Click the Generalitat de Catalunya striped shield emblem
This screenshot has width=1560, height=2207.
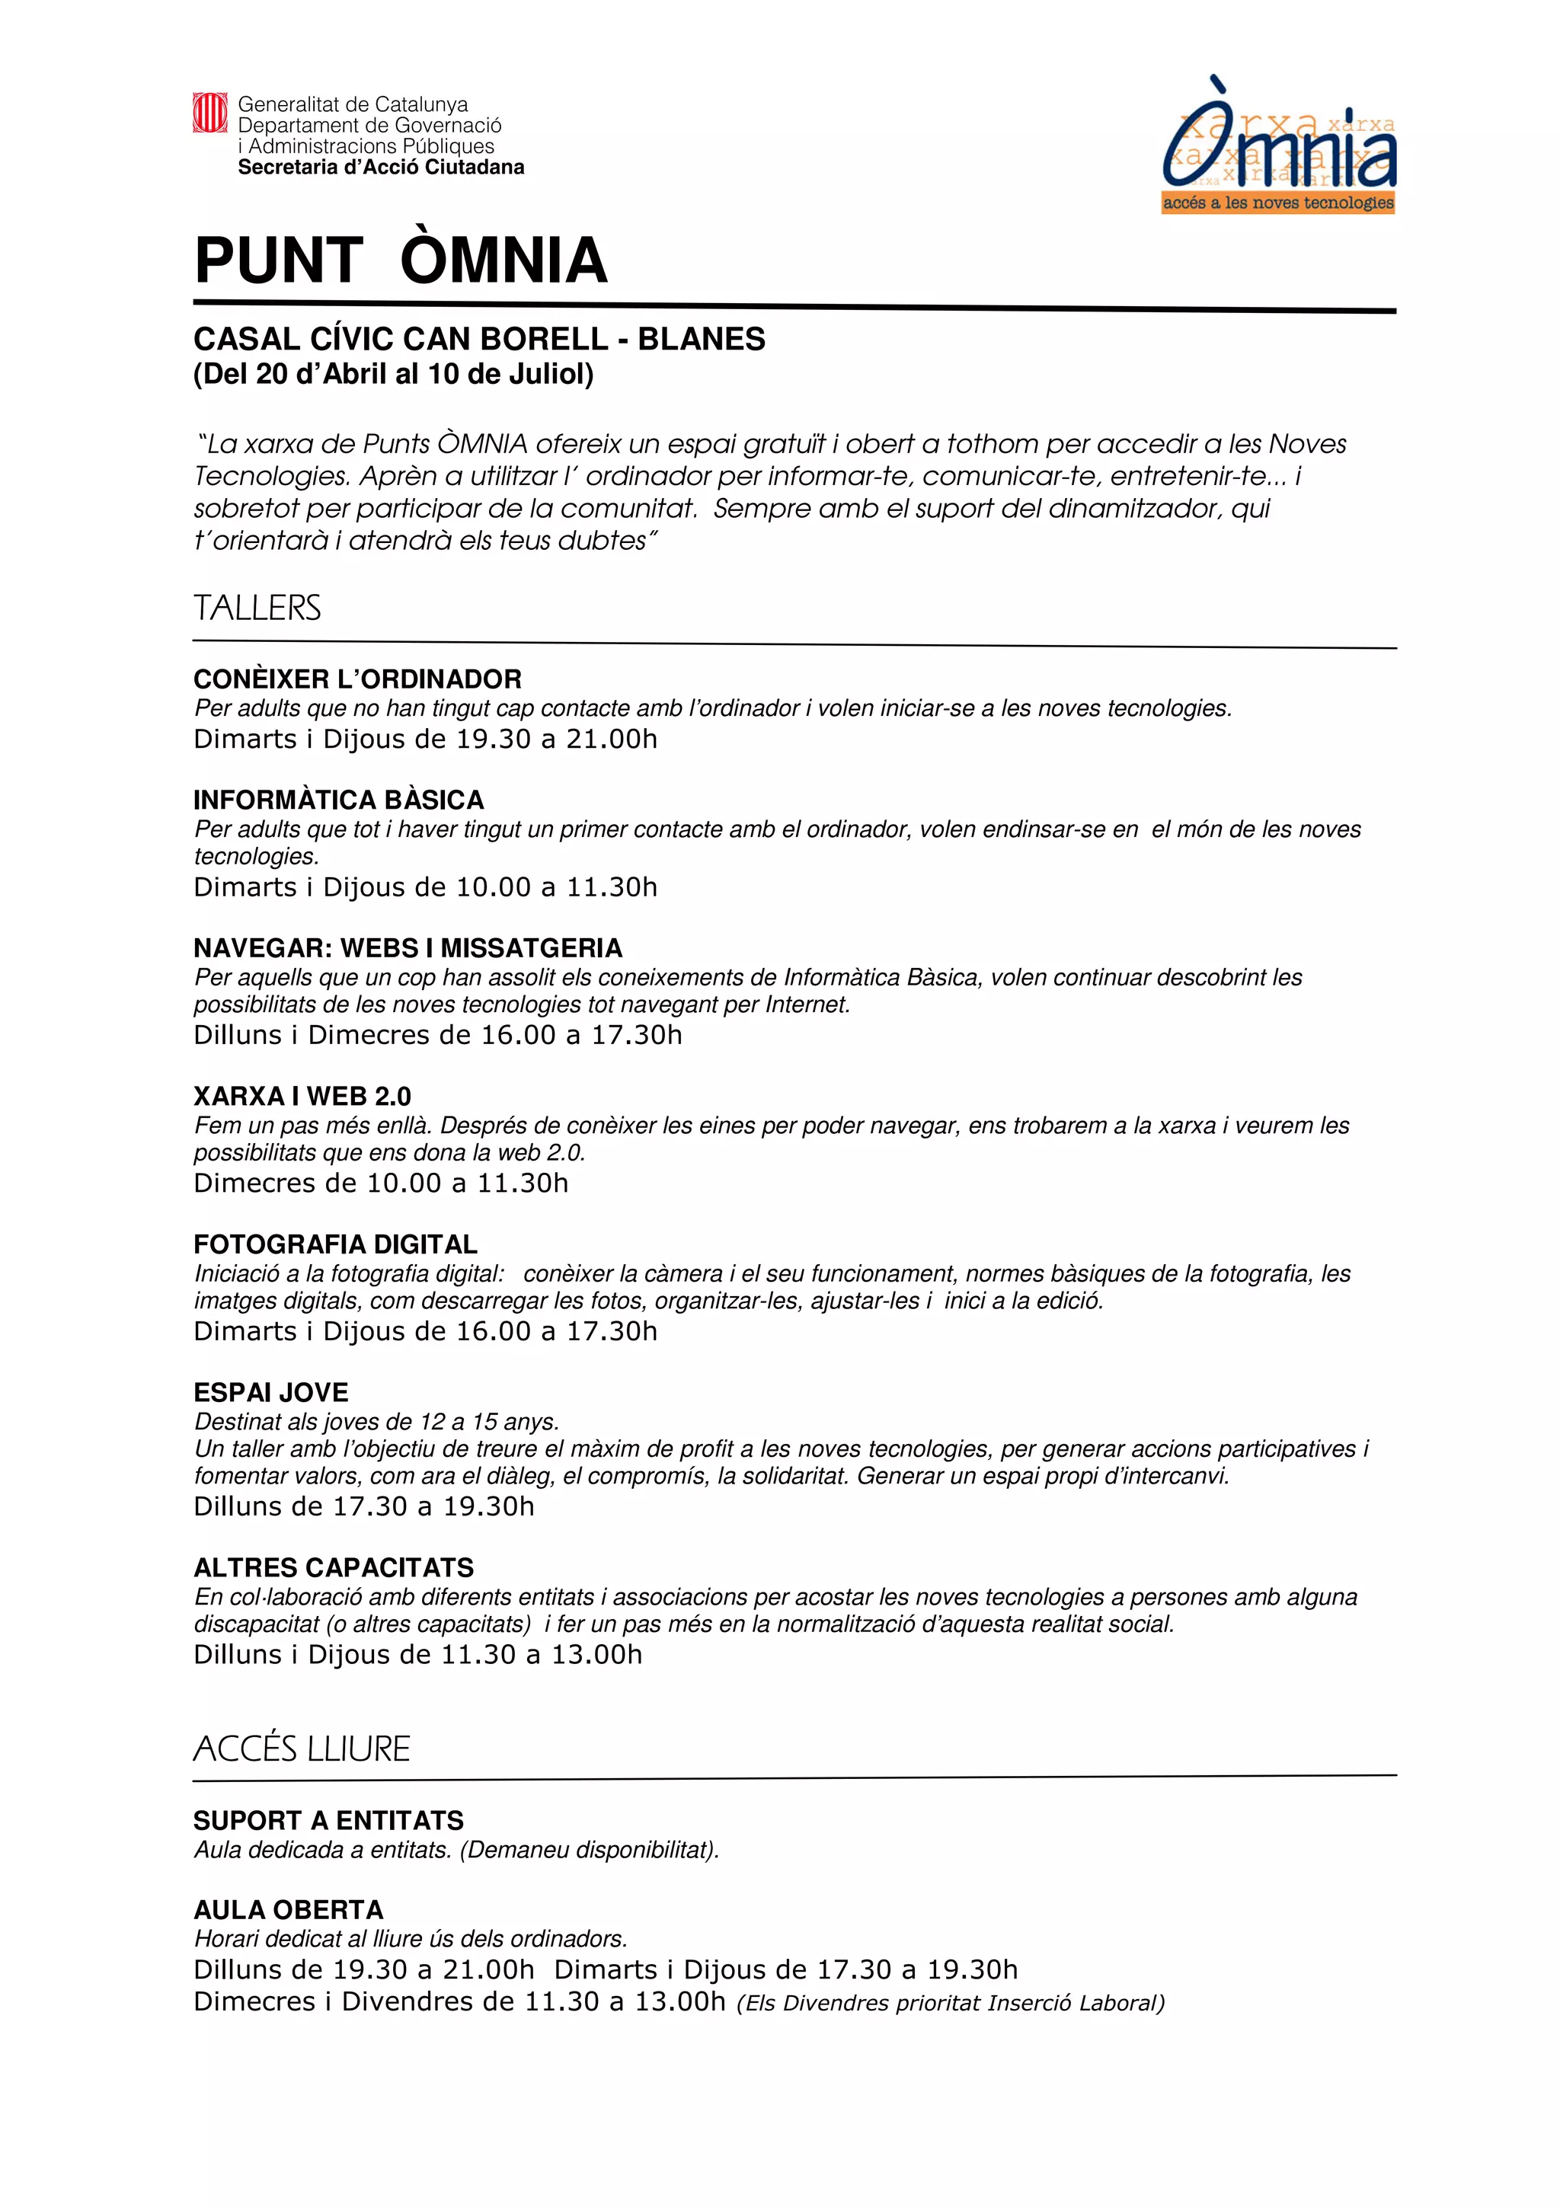tap(209, 113)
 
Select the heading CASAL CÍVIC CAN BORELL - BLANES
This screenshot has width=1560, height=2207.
tap(478, 340)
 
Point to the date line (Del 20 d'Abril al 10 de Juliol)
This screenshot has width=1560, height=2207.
tap(393, 374)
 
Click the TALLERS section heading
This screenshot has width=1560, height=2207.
tap(257, 608)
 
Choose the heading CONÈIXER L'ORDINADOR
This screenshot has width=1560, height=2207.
tap(356, 679)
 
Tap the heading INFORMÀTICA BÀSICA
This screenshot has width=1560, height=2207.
tap(338, 800)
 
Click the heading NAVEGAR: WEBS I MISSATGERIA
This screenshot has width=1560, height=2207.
tap(408, 948)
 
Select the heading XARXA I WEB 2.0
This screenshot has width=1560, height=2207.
tap(302, 1096)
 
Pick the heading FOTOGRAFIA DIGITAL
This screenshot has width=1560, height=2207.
tap(334, 1245)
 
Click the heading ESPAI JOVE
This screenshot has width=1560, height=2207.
tap(270, 1393)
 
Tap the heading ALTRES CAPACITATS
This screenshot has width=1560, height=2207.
tap(334, 1568)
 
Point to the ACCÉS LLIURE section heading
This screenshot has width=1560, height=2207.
tap(301, 1749)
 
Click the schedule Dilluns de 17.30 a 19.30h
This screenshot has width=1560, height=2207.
tap(363, 1506)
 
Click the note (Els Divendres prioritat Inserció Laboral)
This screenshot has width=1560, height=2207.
tap(950, 2003)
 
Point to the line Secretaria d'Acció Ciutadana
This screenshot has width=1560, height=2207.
tap(381, 168)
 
